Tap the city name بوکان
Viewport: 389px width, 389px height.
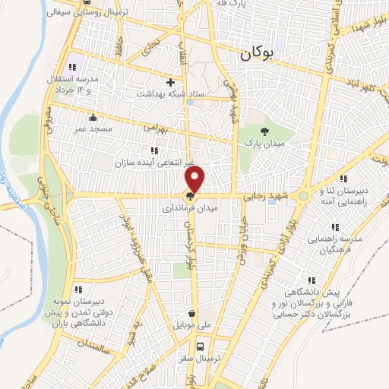[258, 54]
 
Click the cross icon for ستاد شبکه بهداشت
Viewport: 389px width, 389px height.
[170, 82]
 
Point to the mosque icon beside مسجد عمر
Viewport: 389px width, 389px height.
[93, 118]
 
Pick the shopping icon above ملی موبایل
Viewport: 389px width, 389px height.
[191, 312]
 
